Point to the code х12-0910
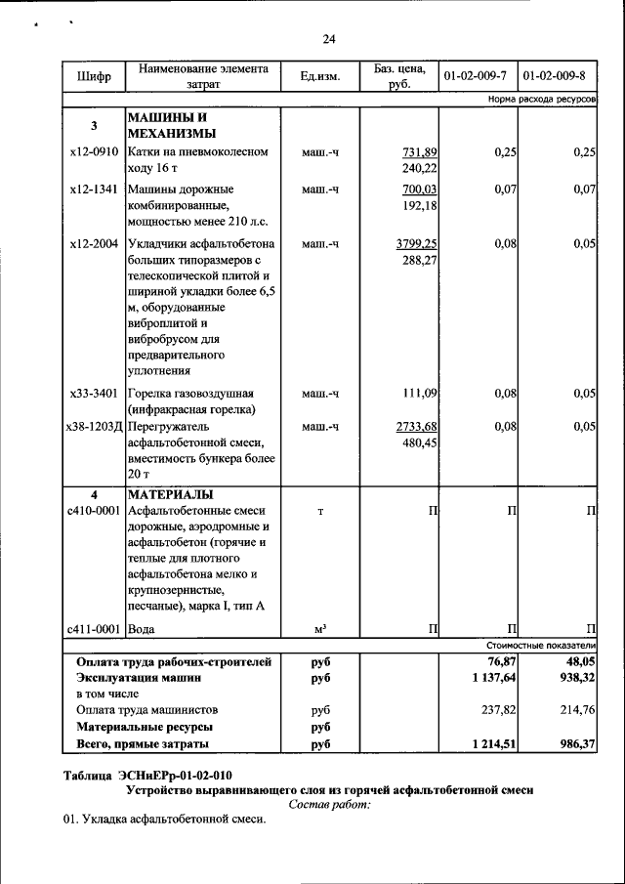point(94,152)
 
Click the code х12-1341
point(94,189)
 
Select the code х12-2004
point(94,243)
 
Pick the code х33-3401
point(94,393)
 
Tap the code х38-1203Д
point(94,426)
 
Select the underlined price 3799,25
point(416,243)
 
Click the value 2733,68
point(416,426)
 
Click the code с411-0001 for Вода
point(94,628)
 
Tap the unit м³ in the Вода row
point(319,628)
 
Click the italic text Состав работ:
point(330,805)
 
